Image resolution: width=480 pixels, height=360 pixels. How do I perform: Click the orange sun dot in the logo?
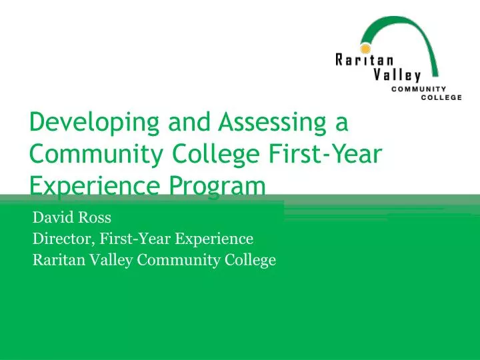[x=365, y=49]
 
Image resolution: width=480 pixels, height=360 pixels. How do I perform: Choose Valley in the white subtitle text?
[x=110, y=260]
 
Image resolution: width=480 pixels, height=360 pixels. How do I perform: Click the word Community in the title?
[x=90, y=155]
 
